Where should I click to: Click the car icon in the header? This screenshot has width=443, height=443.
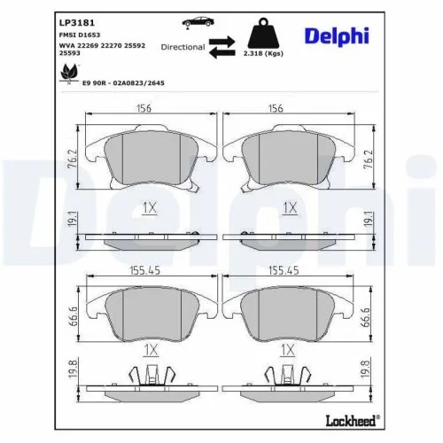pos(195,20)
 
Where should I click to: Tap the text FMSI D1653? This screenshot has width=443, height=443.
pos(79,34)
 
